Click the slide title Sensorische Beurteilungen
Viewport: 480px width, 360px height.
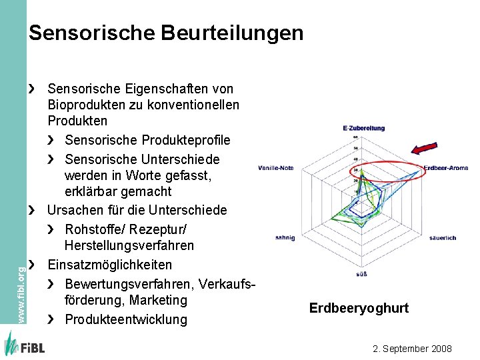point(166,33)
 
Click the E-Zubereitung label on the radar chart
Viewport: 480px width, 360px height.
point(364,128)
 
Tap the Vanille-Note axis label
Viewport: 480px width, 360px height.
point(276,168)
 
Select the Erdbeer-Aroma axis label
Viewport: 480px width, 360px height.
point(445,168)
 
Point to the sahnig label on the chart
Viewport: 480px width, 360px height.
point(285,237)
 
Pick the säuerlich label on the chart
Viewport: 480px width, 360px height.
point(443,238)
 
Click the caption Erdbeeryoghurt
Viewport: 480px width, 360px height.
point(359,308)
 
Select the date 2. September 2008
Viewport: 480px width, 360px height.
point(413,349)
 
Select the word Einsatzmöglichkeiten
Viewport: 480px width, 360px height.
point(109,265)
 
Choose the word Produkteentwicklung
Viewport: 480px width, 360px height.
point(126,319)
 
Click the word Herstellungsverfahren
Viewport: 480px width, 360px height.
point(129,245)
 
